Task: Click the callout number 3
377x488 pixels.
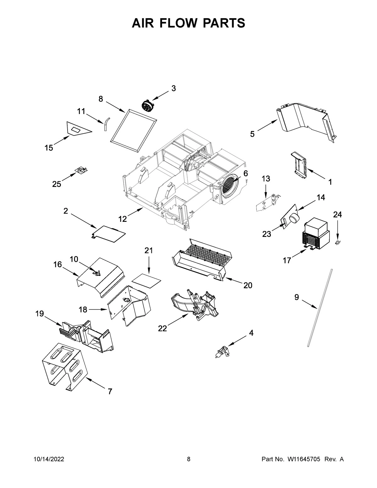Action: click(173, 89)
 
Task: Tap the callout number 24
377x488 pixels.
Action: click(337, 215)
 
